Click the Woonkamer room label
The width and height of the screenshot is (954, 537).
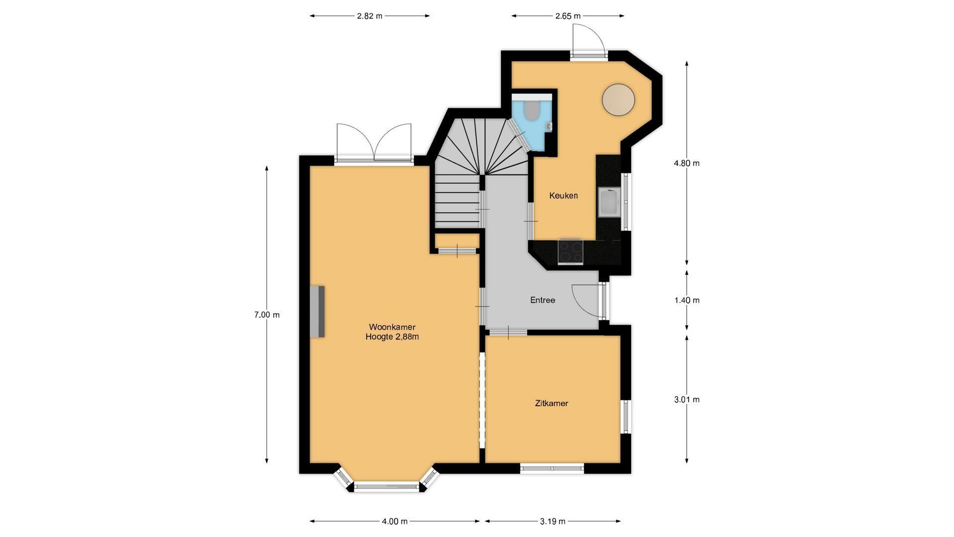click(x=392, y=327)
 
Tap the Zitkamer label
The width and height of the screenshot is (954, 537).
click(x=552, y=403)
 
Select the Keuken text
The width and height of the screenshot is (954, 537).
click(x=563, y=195)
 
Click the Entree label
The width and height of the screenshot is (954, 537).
click(x=543, y=300)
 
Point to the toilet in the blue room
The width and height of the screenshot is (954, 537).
click(x=531, y=111)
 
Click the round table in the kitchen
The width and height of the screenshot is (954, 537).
click(x=619, y=99)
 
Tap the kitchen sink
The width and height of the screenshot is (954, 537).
click(x=609, y=203)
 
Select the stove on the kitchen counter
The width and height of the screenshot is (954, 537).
click(x=570, y=251)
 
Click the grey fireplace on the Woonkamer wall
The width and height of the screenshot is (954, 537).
click(x=318, y=312)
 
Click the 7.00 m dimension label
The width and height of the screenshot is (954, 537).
click(x=267, y=315)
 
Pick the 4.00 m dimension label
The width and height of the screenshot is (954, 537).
click(x=395, y=521)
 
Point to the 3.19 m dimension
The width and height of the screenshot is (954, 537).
click(x=553, y=521)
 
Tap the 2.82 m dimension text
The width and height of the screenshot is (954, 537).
click(x=370, y=16)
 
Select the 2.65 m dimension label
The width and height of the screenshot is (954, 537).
click(x=568, y=16)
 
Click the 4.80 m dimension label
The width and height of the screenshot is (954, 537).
click(x=687, y=163)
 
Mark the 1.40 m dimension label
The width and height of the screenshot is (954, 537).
click(x=687, y=300)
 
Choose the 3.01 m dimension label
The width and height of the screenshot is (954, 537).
click(x=687, y=399)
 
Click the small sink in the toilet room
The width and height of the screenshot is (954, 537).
click(x=549, y=127)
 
